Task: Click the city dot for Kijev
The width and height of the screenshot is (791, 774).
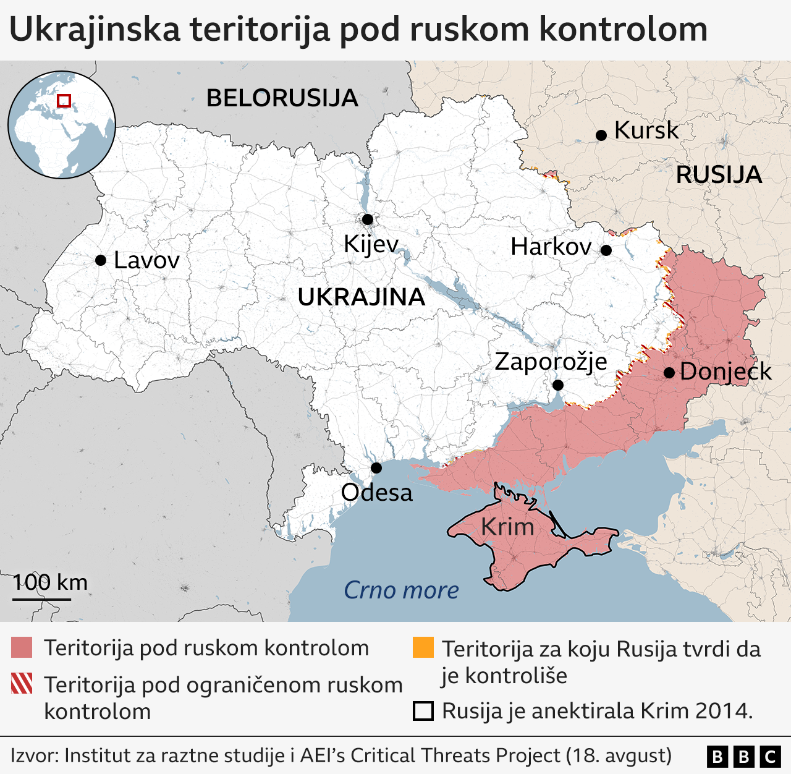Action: (368, 219)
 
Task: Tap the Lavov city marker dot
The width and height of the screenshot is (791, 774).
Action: (101, 260)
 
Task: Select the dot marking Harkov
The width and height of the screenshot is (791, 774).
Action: (606, 250)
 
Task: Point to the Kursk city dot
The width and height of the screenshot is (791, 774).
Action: (601, 135)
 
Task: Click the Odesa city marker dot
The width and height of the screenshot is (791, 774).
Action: (376, 468)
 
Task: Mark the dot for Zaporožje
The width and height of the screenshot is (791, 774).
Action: (558, 385)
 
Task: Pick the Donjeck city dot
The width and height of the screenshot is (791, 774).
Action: (669, 373)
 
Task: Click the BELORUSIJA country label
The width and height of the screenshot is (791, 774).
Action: (282, 98)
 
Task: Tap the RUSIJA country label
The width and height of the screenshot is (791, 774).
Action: (719, 175)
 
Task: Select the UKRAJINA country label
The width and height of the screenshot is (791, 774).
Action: (362, 297)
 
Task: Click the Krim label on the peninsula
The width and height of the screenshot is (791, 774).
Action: (507, 527)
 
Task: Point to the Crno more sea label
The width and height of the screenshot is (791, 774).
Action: (401, 590)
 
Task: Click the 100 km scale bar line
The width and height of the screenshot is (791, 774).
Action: (42, 598)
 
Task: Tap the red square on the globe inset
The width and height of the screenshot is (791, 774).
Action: (64, 100)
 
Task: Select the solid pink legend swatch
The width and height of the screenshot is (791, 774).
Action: (22, 648)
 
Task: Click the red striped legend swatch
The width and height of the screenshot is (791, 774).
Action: (22, 684)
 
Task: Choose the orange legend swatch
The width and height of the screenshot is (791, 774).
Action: (423, 648)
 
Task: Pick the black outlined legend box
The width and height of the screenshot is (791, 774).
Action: (423, 711)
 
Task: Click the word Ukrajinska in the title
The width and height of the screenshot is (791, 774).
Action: (95, 30)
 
